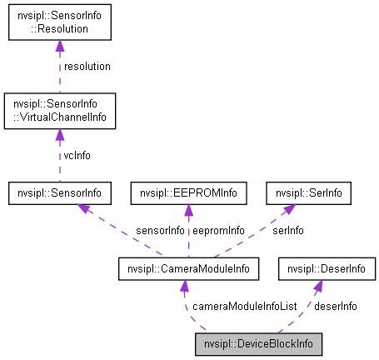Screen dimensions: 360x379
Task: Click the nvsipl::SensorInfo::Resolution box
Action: click(59, 22)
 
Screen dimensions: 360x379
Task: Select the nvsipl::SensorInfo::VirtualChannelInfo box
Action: click(59, 111)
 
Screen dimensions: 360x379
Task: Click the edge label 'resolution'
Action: click(87, 66)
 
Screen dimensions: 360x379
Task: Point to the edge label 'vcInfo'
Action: click(77, 154)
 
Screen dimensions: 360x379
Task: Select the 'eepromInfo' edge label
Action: click(217, 229)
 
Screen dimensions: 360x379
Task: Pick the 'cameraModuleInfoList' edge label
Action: click(244, 306)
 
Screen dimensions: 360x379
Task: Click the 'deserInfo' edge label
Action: click(337, 306)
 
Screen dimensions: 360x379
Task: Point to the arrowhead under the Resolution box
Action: click(59, 45)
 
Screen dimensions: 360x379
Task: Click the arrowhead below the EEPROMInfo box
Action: click(189, 211)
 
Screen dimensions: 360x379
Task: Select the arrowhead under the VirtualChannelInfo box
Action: click(59, 134)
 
